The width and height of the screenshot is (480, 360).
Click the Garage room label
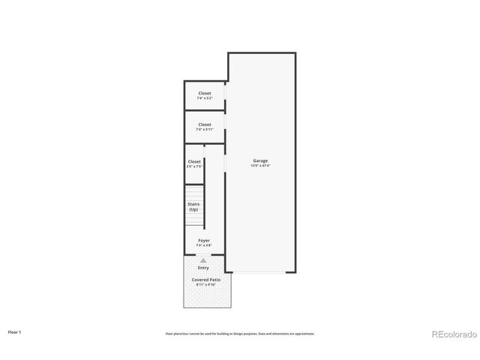260,160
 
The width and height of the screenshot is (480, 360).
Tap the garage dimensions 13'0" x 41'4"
260,166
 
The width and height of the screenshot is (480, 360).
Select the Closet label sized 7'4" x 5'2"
205,93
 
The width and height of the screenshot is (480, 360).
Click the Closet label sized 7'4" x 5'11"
205,124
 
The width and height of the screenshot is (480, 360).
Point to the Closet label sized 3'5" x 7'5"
194,161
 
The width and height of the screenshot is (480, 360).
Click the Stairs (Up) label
193,206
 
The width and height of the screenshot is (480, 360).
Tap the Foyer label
203,240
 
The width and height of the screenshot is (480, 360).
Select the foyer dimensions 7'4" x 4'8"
203,245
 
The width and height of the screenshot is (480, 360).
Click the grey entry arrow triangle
203,260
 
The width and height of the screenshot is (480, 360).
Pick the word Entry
203,268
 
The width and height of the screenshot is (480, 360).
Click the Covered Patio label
205,279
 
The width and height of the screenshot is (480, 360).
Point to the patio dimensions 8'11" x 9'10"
205,285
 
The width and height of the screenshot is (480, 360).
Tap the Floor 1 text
15,331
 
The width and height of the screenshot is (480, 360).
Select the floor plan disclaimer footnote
240,334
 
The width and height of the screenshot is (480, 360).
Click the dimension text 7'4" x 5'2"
205,98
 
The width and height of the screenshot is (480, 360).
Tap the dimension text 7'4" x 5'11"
205,130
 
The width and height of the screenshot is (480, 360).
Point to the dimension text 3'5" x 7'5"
194,166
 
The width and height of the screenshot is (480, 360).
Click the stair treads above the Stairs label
194,191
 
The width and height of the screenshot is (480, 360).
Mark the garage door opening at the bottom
260,271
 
